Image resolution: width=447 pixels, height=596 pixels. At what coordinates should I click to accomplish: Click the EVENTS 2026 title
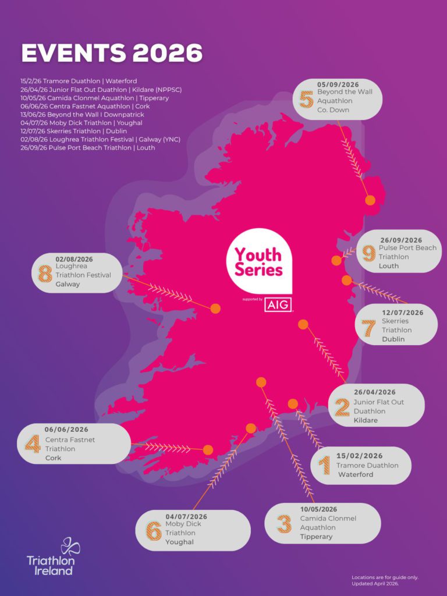pyautogui.click(x=112, y=53)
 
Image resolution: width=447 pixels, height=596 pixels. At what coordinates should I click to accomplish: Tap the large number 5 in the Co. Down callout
pyautogui.click(x=306, y=98)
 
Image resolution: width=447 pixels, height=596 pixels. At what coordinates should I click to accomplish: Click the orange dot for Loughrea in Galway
pyautogui.click(x=215, y=308)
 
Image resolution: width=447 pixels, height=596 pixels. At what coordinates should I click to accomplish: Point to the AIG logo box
pyautogui.click(x=278, y=304)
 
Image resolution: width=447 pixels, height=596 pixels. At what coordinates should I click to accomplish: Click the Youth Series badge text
pyautogui.click(x=258, y=262)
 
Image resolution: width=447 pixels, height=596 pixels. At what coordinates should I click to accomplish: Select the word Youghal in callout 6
pyautogui.click(x=179, y=542)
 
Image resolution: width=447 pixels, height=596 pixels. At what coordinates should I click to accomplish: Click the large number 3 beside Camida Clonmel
pyautogui.click(x=284, y=524)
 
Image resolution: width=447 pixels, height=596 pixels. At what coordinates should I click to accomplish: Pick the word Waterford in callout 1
pyautogui.click(x=356, y=474)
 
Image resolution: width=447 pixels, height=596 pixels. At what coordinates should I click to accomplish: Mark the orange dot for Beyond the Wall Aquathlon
pyautogui.click(x=370, y=200)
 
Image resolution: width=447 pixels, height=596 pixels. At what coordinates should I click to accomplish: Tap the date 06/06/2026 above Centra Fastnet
pyautogui.click(x=66, y=430)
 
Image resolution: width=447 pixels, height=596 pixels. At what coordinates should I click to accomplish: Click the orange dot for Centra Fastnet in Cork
pyautogui.click(x=208, y=449)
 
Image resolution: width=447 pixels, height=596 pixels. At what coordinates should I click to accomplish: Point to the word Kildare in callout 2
pyautogui.click(x=366, y=420)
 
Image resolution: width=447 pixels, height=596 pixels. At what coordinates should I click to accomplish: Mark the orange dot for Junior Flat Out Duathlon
pyautogui.click(x=302, y=324)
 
